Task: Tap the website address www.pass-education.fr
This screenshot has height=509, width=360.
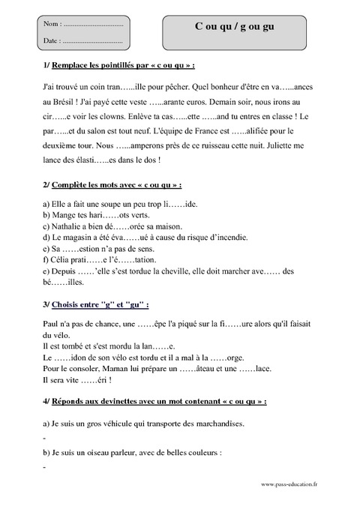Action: [289, 484]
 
